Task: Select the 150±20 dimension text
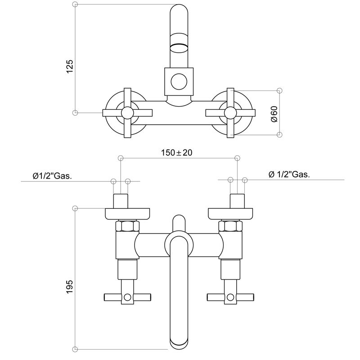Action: point(176,153)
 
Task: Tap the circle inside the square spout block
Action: point(179,81)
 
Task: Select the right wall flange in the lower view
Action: point(230,213)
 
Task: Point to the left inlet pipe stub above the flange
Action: point(121,201)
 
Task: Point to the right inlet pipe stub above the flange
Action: point(237,201)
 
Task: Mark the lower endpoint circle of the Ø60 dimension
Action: point(279,134)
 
